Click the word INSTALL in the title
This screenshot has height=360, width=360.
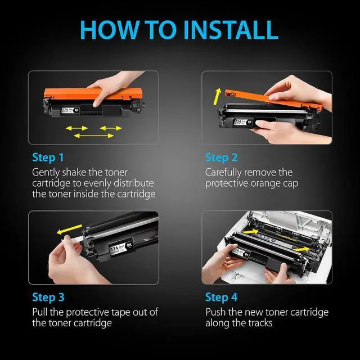point(231,30)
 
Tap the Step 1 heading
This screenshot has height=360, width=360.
point(48,157)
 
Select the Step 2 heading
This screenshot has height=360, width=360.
point(221,157)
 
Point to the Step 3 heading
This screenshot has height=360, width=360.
point(48,298)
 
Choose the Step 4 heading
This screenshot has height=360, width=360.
point(221,298)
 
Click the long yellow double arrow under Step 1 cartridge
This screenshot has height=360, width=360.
point(94,136)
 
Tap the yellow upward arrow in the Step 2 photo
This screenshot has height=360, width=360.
point(217,96)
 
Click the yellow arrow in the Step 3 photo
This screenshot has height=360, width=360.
point(69,229)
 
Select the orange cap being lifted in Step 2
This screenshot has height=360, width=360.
point(273,99)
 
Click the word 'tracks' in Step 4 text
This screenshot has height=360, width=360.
point(261,323)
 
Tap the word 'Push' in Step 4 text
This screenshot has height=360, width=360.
point(215,312)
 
